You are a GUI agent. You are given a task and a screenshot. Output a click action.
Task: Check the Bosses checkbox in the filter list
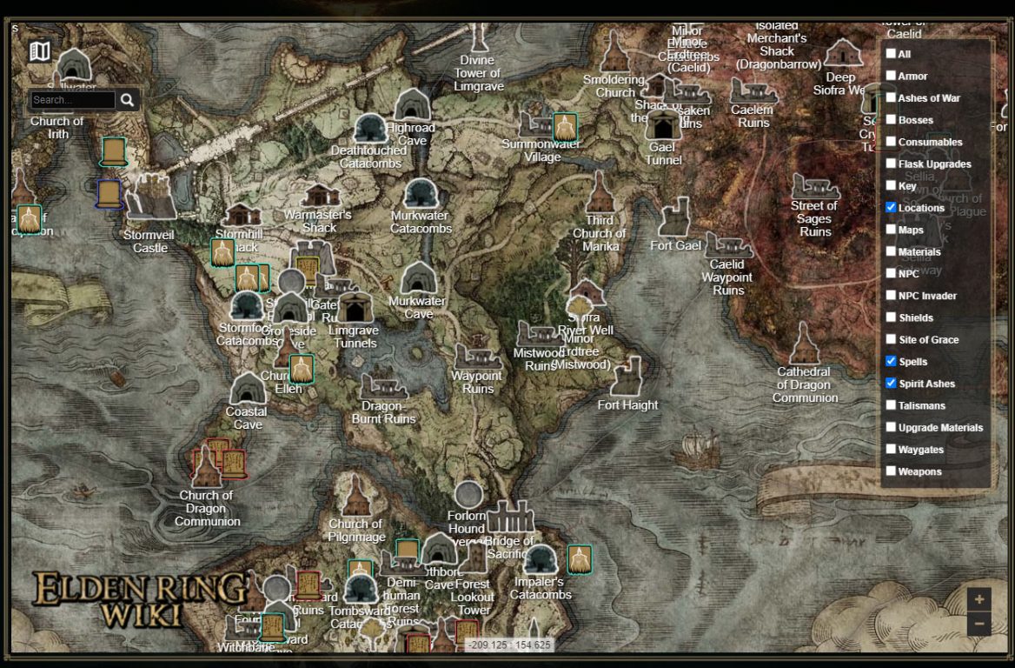click(x=891, y=120)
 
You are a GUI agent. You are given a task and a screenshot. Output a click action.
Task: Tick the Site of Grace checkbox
click(x=891, y=339)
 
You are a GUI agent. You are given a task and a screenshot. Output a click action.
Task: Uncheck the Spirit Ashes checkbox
click(x=891, y=383)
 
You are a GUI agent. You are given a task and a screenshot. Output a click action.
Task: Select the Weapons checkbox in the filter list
click(x=891, y=471)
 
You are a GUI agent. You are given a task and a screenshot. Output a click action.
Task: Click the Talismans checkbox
click(x=891, y=404)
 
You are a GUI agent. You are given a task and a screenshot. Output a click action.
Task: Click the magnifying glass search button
click(x=128, y=100)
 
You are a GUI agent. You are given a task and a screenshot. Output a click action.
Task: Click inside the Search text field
click(x=73, y=100)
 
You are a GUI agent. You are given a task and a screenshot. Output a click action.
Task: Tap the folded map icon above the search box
click(x=40, y=51)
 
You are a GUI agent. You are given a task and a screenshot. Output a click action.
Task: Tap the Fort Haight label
click(x=627, y=404)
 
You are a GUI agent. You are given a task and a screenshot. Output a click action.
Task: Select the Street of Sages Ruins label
click(x=814, y=218)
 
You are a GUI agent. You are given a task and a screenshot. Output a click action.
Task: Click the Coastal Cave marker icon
click(x=248, y=389)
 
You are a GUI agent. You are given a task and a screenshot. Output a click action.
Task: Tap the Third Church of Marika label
click(x=599, y=233)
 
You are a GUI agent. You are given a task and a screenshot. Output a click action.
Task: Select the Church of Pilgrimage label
click(x=355, y=530)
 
